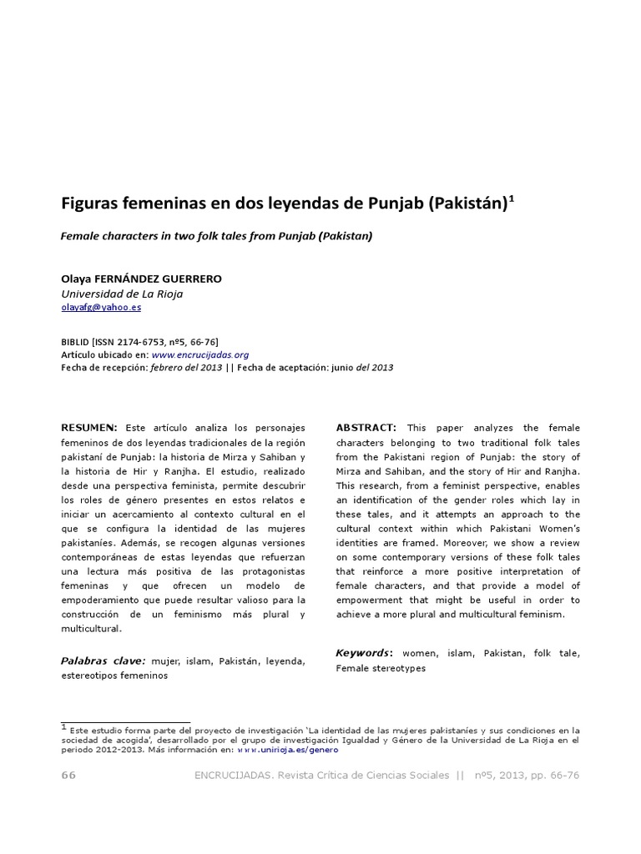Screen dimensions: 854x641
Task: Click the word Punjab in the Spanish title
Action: click(393, 203)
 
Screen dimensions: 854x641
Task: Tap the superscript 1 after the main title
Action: click(512, 198)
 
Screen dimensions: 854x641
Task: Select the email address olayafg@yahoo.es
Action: click(101, 308)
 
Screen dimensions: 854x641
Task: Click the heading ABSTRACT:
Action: click(366, 428)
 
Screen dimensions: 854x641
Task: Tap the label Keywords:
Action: click(364, 653)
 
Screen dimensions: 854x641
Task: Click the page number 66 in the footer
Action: click(68, 776)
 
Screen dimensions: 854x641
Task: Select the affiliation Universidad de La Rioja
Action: click(122, 294)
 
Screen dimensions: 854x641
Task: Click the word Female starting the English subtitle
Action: click(80, 236)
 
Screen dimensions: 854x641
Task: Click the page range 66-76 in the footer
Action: click(563, 776)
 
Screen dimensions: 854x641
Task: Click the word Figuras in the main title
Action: click(89, 203)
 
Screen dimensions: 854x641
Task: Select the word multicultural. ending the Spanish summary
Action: click(92, 629)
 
